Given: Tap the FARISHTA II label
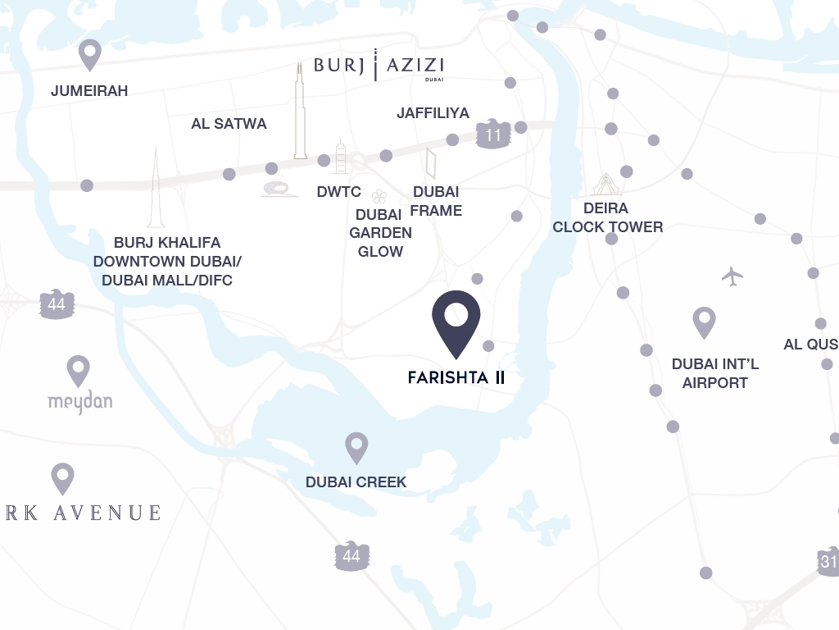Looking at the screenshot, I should [456, 378].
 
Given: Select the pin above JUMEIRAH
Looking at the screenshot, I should [89, 54].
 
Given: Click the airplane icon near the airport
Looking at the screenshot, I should [732, 276].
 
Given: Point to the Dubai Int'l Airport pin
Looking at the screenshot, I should [705, 322].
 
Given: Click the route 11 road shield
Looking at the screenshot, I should [493, 134].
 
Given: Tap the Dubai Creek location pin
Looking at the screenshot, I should [356, 447].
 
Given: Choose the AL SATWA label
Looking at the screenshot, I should [229, 124].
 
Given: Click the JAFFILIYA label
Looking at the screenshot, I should [433, 112].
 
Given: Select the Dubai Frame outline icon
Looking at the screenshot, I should [430, 163].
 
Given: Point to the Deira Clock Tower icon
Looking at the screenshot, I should [605, 185].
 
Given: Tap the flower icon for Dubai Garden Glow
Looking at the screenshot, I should [379, 196].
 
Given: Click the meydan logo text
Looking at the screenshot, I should [79, 401].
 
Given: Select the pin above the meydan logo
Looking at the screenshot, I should [78, 370].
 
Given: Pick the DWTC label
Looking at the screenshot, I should [338, 192].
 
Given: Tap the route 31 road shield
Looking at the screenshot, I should [828, 560].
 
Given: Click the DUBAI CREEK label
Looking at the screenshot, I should [356, 482].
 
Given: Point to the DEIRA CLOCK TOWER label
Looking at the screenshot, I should [607, 217].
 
